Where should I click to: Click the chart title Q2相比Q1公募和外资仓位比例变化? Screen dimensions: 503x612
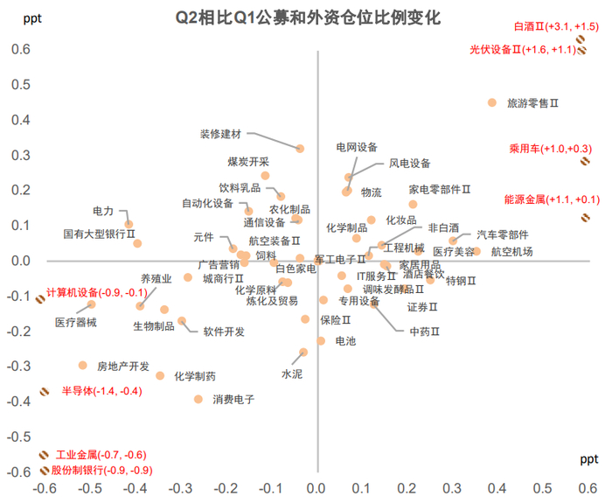[x=308, y=17]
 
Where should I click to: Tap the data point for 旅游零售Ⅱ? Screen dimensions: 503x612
[x=492, y=103]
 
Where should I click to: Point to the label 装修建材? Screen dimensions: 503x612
[x=220, y=134]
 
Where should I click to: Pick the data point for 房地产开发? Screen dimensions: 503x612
[x=83, y=366]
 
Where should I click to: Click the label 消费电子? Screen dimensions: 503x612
[x=233, y=400]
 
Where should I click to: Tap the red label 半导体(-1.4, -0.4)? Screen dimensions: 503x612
[x=101, y=391]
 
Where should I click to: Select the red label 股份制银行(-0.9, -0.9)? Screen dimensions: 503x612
[x=101, y=471]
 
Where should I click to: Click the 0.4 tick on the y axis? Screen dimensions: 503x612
[x=18, y=120]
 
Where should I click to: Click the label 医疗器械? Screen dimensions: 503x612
[x=76, y=323]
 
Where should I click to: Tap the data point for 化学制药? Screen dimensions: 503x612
[x=160, y=376]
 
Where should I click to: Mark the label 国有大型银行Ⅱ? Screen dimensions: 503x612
[x=99, y=234]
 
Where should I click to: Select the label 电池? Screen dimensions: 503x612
[x=345, y=341]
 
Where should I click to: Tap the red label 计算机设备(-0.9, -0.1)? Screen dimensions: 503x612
[x=96, y=292]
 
